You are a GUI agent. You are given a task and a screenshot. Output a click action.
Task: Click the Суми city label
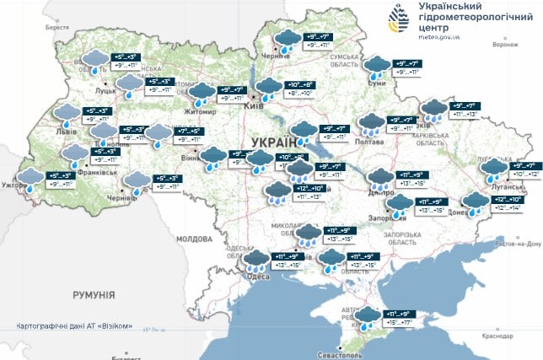(377, 83)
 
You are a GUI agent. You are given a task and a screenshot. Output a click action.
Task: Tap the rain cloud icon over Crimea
(368, 318)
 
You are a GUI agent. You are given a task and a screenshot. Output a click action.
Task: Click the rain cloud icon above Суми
(378, 66)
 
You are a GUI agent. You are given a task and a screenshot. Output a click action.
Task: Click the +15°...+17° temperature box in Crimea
(399, 321)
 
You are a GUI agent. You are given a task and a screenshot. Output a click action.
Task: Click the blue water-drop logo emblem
(401, 18)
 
